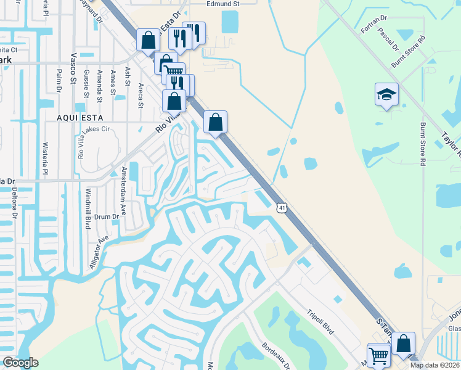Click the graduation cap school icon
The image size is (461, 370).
click(x=386, y=95)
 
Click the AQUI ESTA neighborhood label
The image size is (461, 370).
click(x=80, y=117)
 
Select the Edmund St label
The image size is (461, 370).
click(x=222, y=4)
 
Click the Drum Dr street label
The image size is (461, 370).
click(x=107, y=216)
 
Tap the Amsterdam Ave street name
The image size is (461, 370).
click(x=123, y=183)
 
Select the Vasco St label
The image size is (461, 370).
click(x=73, y=68)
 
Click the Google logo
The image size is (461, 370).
click(x=20, y=363)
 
